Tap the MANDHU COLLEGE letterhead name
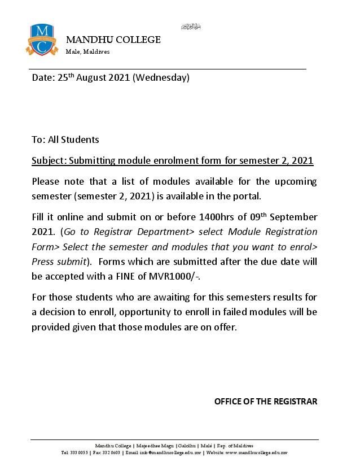point(113,40)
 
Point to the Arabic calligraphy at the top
point(191,27)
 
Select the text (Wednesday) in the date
point(161,78)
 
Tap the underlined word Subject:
point(49,161)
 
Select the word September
point(295,217)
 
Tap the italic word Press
point(42,262)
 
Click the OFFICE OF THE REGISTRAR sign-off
point(266,402)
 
